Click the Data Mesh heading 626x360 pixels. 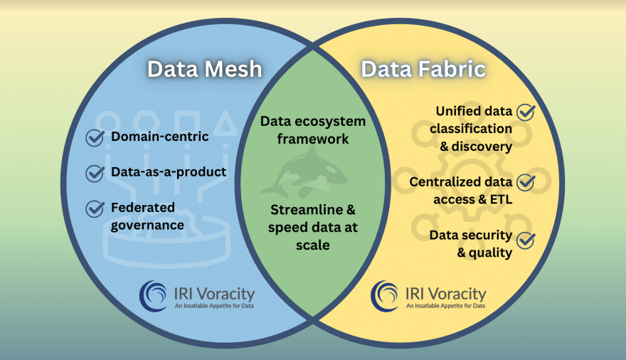click(204, 69)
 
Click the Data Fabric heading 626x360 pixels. click(423, 69)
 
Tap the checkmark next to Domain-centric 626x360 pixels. click(95, 137)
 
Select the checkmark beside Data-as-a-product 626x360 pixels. click(95, 173)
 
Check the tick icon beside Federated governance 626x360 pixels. click(95, 208)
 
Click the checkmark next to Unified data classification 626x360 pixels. click(526, 112)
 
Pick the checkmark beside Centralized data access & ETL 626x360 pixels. click(526, 182)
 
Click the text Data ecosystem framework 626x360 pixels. click(313, 130)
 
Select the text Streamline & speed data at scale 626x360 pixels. click(313, 227)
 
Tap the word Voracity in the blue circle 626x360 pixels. click(223, 293)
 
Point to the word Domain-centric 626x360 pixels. click(160, 137)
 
